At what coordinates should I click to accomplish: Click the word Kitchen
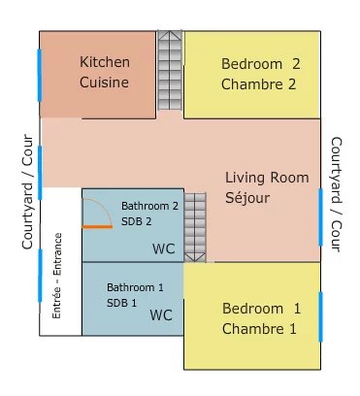(x=104, y=62)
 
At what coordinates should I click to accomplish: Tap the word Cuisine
(x=104, y=82)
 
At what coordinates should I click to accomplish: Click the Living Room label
(x=267, y=178)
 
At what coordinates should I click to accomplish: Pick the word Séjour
(x=248, y=198)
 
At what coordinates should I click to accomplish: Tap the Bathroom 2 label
(x=149, y=206)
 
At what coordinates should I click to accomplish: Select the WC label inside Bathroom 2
(x=163, y=249)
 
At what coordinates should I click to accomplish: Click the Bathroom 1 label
(x=136, y=288)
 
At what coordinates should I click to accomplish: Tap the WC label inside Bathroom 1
(x=161, y=315)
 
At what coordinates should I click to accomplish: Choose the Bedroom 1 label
(x=261, y=309)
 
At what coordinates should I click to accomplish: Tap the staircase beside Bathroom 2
(x=195, y=227)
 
